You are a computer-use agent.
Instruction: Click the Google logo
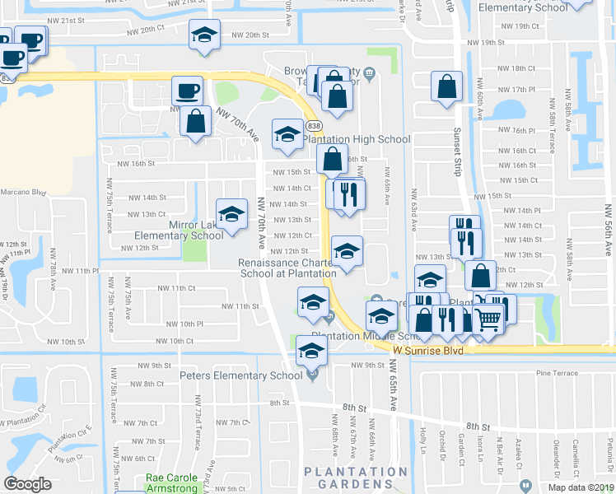(x=28, y=484)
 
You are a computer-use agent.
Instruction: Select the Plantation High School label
(x=357, y=139)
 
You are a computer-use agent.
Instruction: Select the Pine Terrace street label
(x=553, y=374)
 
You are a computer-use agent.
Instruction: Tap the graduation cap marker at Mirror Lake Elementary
(x=232, y=216)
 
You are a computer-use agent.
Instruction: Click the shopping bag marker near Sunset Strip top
(x=446, y=87)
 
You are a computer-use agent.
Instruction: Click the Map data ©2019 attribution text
(x=581, y=487)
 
